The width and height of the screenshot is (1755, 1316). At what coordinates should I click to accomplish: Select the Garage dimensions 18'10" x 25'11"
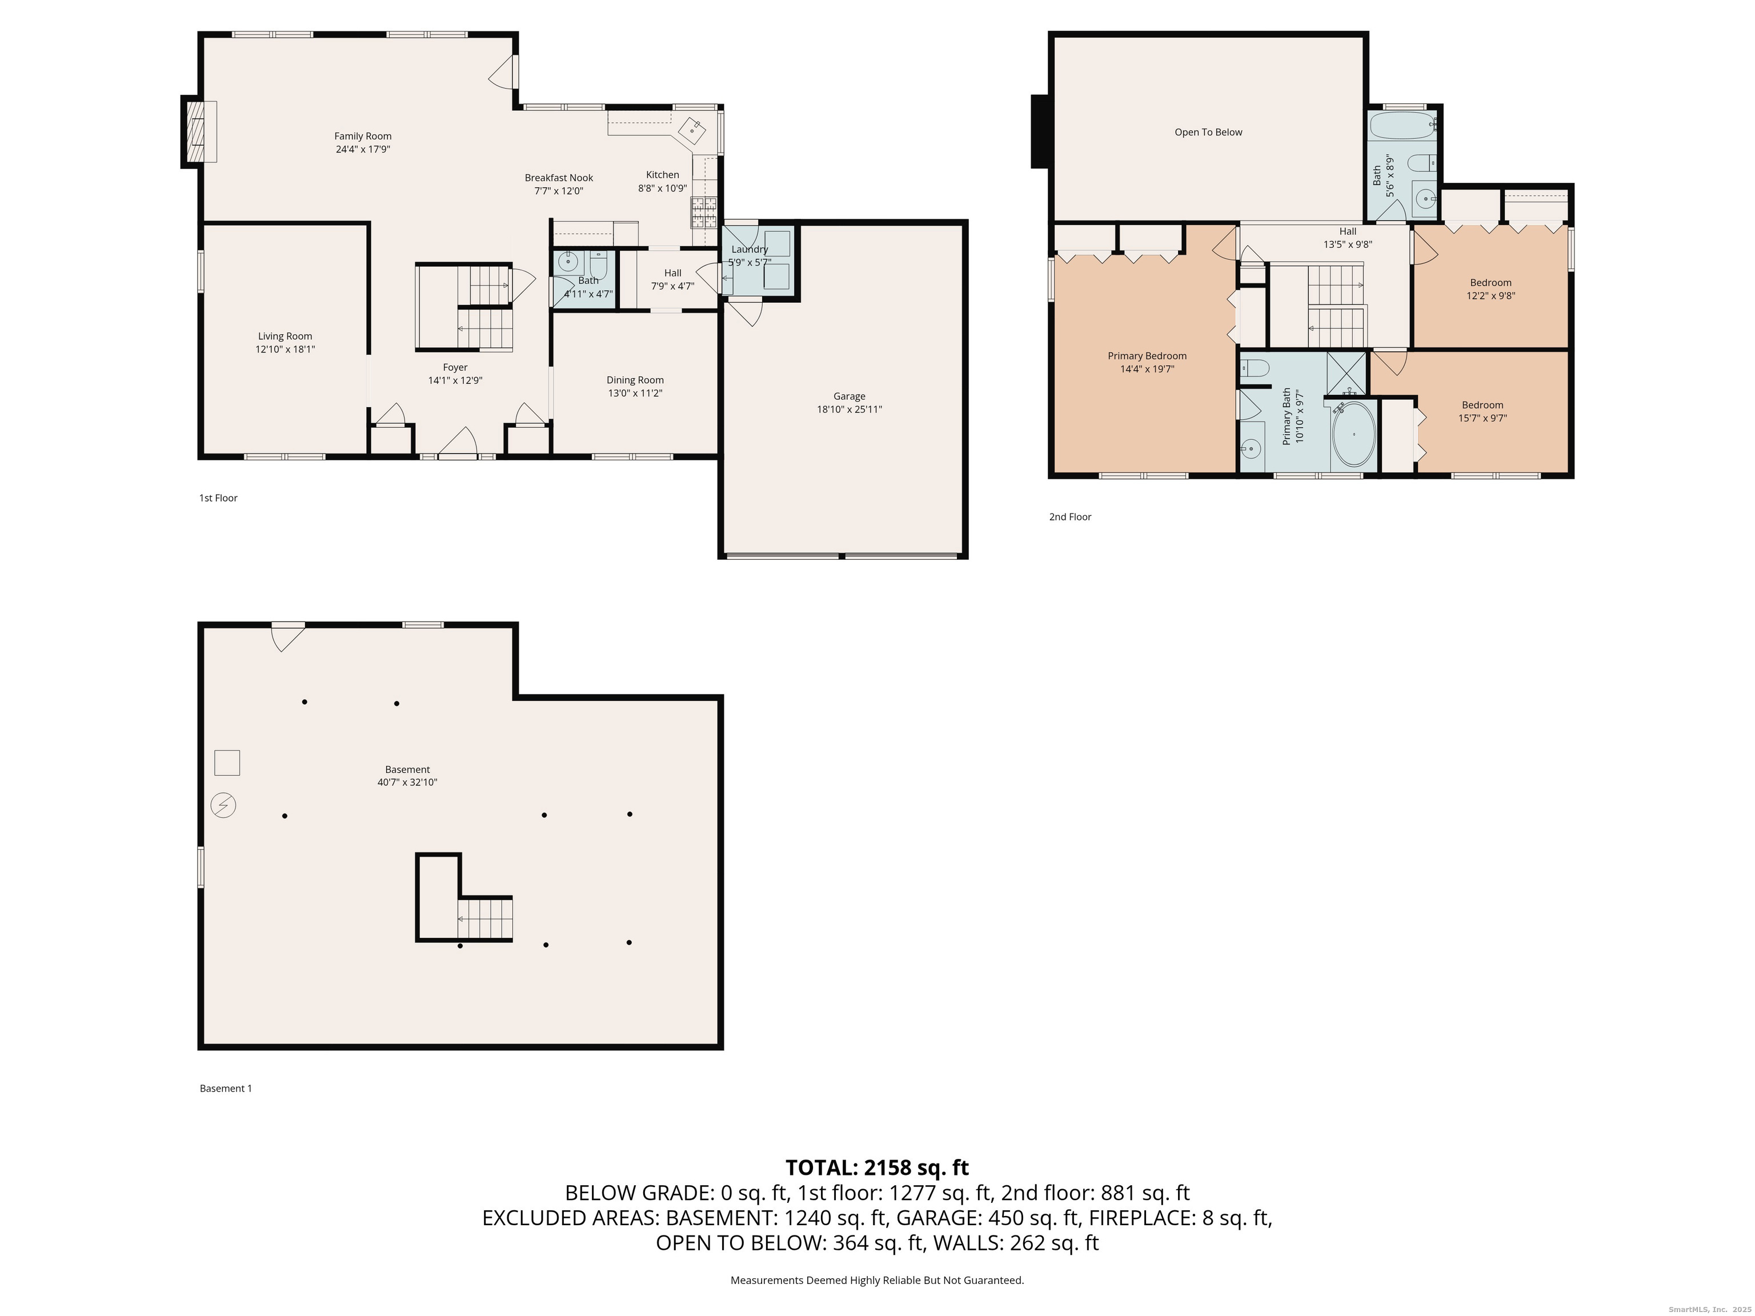tap(849, 410)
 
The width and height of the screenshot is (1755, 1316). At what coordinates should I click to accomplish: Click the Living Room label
tap(285, 336)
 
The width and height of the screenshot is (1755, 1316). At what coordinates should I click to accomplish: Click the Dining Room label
tap(635, 380)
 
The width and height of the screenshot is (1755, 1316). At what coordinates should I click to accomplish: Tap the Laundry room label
tap(749, 249)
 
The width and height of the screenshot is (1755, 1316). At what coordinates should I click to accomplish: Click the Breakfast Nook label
tap(559, 178)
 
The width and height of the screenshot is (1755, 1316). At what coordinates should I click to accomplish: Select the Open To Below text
tap(1208, 133)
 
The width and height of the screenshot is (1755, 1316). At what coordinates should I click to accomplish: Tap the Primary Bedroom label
tap(1147, 356)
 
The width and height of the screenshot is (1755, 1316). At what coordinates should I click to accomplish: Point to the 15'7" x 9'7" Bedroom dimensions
tap(1482, 418)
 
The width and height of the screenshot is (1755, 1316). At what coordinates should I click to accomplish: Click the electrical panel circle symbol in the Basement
tap(223, 806)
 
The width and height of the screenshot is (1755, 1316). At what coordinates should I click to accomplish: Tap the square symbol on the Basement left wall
tap(227, 763)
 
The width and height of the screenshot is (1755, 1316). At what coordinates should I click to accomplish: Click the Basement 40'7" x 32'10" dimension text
tap(407, 782)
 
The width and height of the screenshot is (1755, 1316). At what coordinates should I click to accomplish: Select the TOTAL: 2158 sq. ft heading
tap(877, 1167)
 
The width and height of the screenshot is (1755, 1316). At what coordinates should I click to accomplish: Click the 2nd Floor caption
tap(1069, 516)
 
